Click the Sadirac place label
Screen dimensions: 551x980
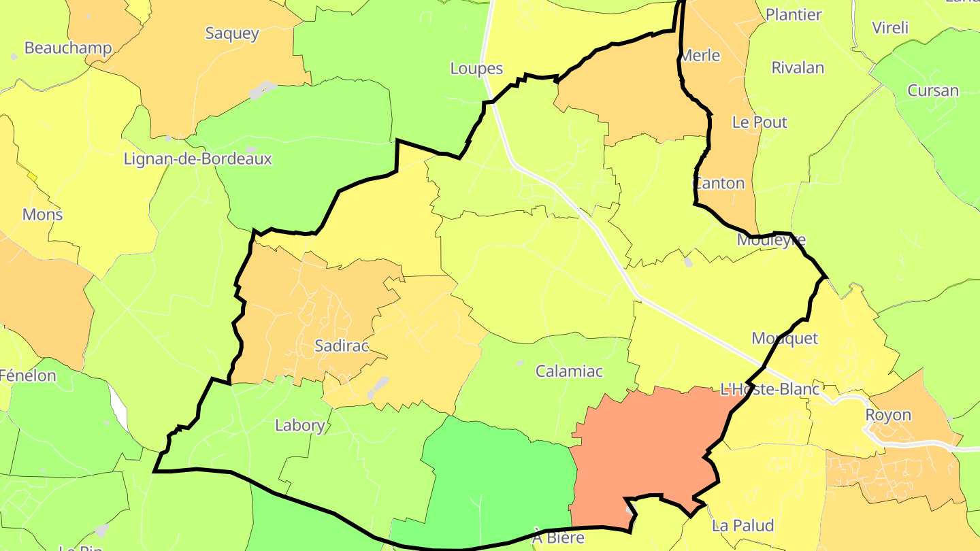(x=341, y=346)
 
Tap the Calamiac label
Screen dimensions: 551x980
(x=569, y=371)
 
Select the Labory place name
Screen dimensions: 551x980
(x=299, y=426)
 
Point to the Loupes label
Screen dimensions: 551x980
(x=476, y=68)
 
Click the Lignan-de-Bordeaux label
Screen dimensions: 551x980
(x=197, y=159)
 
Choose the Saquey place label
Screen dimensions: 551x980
(x=232, y=33)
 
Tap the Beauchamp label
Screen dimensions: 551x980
(x=68, y=48)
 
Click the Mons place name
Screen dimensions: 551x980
(x=42, y=215)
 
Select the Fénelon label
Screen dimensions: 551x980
(x=28, y=375)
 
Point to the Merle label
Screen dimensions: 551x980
(x=700, y=56)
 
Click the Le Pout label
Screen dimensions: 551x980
(x=759, y=122)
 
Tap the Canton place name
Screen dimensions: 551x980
(x=719, y=184)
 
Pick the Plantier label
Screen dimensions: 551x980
(x=794, y=15)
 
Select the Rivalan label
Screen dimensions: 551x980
(x=798, y=68)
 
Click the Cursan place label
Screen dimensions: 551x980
(x=933, y=91)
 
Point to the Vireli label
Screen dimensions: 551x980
(x=890, y=28)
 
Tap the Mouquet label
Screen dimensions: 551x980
(x=785, y=339)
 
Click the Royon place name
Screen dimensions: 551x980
(x=887, y=415)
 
